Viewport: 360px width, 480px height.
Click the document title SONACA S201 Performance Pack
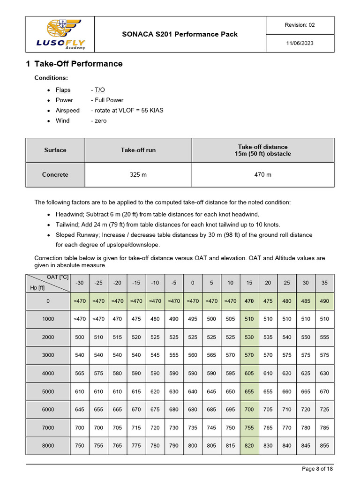[x=180, y=34]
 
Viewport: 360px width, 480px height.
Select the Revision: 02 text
[x=300, y=25]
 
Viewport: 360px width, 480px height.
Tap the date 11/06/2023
[x=300, y=43]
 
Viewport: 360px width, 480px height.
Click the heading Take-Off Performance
[x=78, y=64]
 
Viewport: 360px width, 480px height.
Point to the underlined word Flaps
[x=63, y=90]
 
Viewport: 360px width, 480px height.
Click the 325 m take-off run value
[x=138, y=175]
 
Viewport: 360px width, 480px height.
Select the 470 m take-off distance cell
[x=262, y=175]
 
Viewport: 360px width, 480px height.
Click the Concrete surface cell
[x=55, y=175]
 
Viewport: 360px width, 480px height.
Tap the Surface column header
[x=55, y=150]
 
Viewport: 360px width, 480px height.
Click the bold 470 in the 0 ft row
[x=249, y=301]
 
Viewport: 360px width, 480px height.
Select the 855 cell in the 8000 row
[x=324, y=446]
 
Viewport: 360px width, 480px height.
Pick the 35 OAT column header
[x=324, y=283]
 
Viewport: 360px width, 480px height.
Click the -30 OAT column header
[x=80, y=283]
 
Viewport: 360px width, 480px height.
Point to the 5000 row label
[x=48, y=391]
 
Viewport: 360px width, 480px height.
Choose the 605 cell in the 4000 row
[x=249, y=374]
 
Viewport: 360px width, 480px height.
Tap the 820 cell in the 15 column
[x=249, y=446]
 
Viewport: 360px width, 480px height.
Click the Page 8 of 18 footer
[x=317, y=469]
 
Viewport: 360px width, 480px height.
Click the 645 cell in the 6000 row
[x=80, y=410]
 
